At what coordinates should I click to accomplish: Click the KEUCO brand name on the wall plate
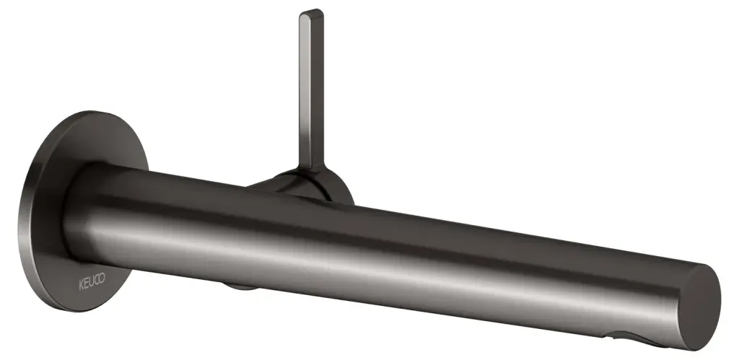92,282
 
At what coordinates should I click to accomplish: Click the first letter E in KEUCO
86,284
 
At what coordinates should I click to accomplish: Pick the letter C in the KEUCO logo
97,281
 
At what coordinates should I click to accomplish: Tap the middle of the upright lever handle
311,89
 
